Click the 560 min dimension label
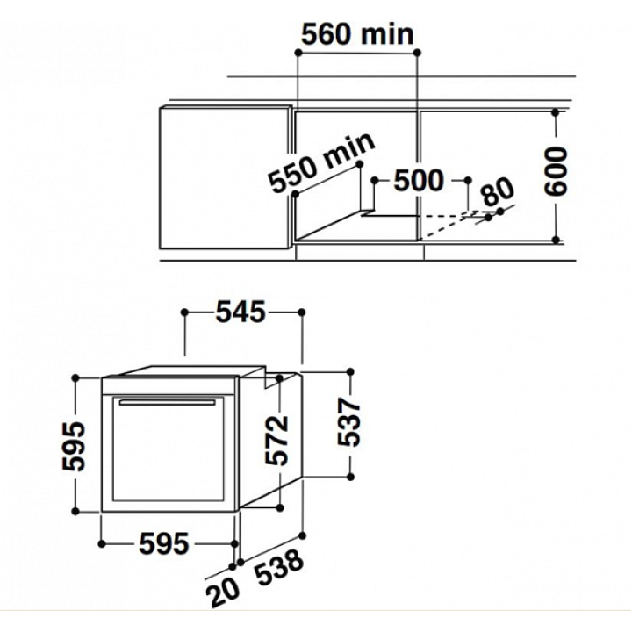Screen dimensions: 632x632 tap(357, 34)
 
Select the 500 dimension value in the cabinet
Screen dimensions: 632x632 tap(419, 180)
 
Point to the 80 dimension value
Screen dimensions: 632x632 tap(499, 191)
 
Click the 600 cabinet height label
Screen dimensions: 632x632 tap(556, 172)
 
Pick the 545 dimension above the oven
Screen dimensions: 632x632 tap(241, 312)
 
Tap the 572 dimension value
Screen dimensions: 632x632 tap(276, 440)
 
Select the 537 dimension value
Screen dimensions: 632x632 tap(349, 422)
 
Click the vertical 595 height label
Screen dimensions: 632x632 tap(74, 446)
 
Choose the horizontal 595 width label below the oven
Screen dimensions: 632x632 tap(164, 543)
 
